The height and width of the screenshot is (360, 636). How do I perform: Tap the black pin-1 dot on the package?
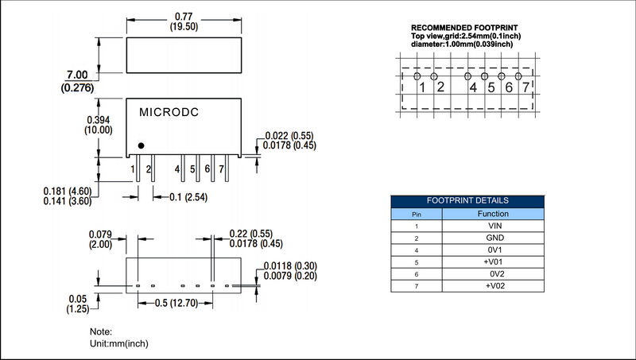141,145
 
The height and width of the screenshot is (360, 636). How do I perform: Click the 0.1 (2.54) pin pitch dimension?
188,196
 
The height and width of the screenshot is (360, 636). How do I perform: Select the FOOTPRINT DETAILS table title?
467,201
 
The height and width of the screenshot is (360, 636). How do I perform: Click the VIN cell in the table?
494,226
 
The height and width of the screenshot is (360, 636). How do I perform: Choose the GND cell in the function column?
494,238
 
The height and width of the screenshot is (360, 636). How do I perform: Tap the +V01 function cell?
494,261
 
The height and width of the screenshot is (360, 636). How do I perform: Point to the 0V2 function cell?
494,273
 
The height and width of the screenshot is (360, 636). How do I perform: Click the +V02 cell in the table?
494,285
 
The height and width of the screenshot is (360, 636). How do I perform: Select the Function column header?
494,213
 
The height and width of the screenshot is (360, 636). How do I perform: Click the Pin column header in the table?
416,214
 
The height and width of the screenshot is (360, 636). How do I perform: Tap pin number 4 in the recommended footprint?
473,87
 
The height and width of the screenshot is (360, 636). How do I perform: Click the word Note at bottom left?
101,331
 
